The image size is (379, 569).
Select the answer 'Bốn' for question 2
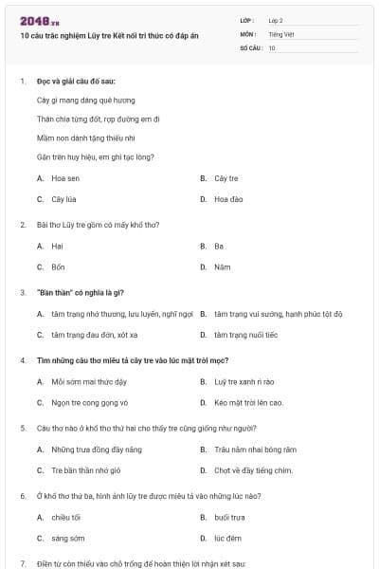[58, 266]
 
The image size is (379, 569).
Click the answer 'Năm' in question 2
[222, 266]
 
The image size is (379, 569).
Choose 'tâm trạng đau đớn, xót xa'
[95, 335]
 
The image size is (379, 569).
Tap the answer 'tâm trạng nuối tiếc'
[245, 335]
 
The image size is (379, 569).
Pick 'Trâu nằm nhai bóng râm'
[255, 449]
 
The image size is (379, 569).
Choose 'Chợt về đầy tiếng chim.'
[253, 470]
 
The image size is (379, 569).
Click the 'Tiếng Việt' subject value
[281, 33]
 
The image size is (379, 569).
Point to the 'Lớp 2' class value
[276, 20]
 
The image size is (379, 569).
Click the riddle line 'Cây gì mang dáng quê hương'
[85, 100]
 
